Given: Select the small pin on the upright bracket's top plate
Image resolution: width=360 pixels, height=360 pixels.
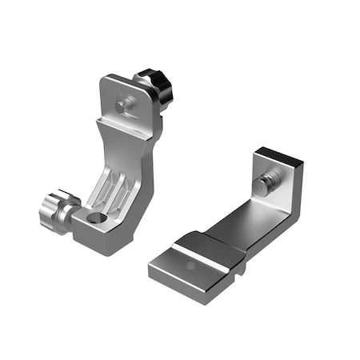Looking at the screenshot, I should (122, 103).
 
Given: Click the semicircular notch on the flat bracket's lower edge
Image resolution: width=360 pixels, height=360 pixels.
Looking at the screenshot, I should (238, 270).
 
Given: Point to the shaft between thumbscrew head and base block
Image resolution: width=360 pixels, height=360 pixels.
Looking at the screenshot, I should (73, 214).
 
